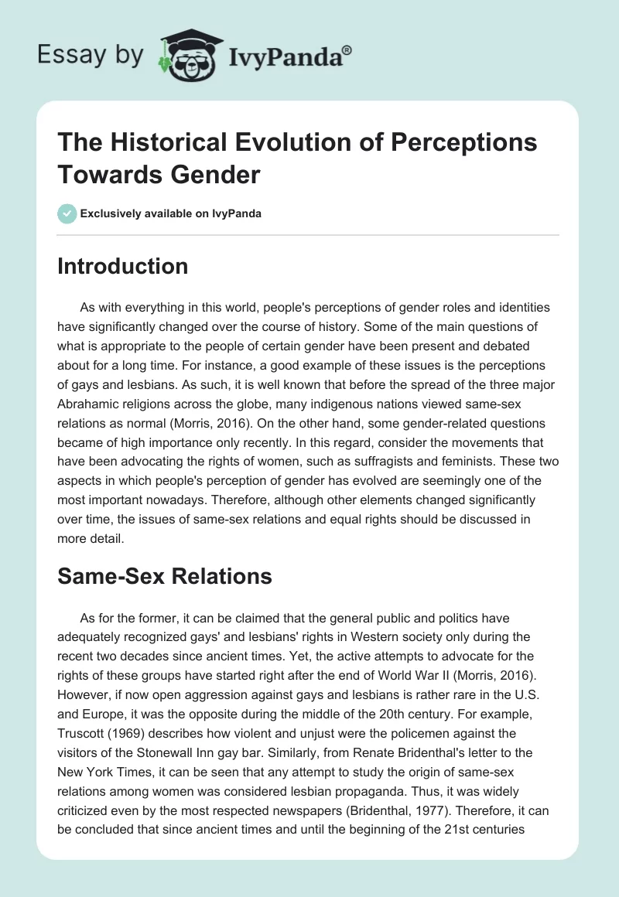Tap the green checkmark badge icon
pos(67,213)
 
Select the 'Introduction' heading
pos(123,267)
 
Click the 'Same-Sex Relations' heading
pos(165,575)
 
